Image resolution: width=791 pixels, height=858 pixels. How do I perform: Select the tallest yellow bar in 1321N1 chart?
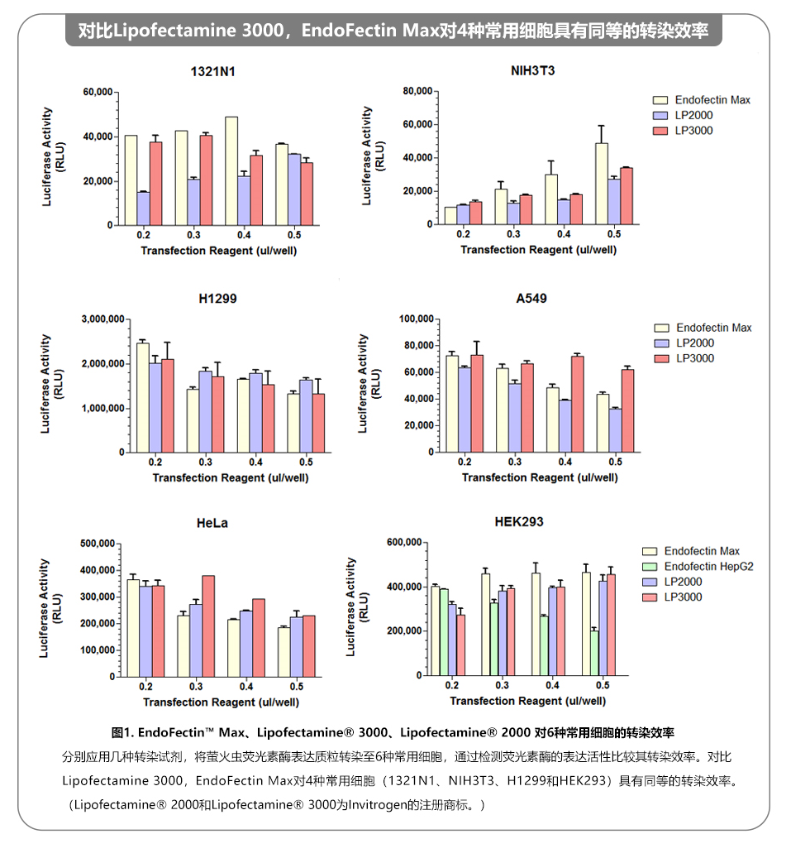coord(231,170)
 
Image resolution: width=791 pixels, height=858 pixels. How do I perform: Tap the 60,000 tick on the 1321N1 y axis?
coord(98,93)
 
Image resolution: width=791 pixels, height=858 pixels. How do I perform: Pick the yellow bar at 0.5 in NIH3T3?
coord(602,184)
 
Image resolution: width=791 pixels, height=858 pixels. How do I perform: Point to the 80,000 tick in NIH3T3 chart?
coord(417,91)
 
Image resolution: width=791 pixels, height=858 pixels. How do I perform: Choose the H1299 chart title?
coord(217,299)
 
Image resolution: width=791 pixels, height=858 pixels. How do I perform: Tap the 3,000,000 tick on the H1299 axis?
coord(103,319)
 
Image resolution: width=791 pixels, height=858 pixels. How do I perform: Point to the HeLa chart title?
coord(212,523)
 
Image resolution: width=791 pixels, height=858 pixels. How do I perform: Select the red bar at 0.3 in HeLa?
coord(208,626)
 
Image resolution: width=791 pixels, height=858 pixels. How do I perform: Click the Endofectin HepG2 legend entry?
coord(708,567)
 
